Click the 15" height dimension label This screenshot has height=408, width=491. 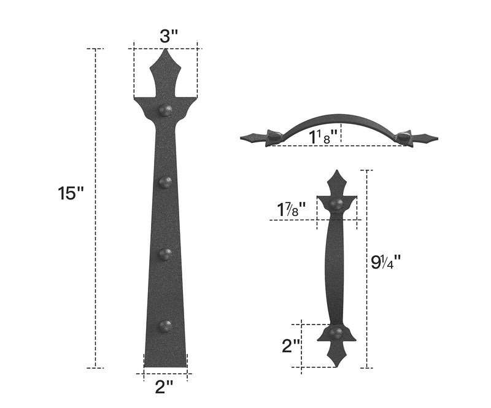(x=71, y=193)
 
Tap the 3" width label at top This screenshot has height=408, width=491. (x=169, y=36)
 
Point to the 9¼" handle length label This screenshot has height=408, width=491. (x=386, y=262)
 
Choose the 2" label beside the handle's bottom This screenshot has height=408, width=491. (x=292, y=346)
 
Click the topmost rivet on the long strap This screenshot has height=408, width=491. (x=166, y=110)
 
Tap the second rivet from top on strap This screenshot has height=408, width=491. (x=166, y=182)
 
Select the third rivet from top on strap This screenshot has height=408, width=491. (x=166, y=253)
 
